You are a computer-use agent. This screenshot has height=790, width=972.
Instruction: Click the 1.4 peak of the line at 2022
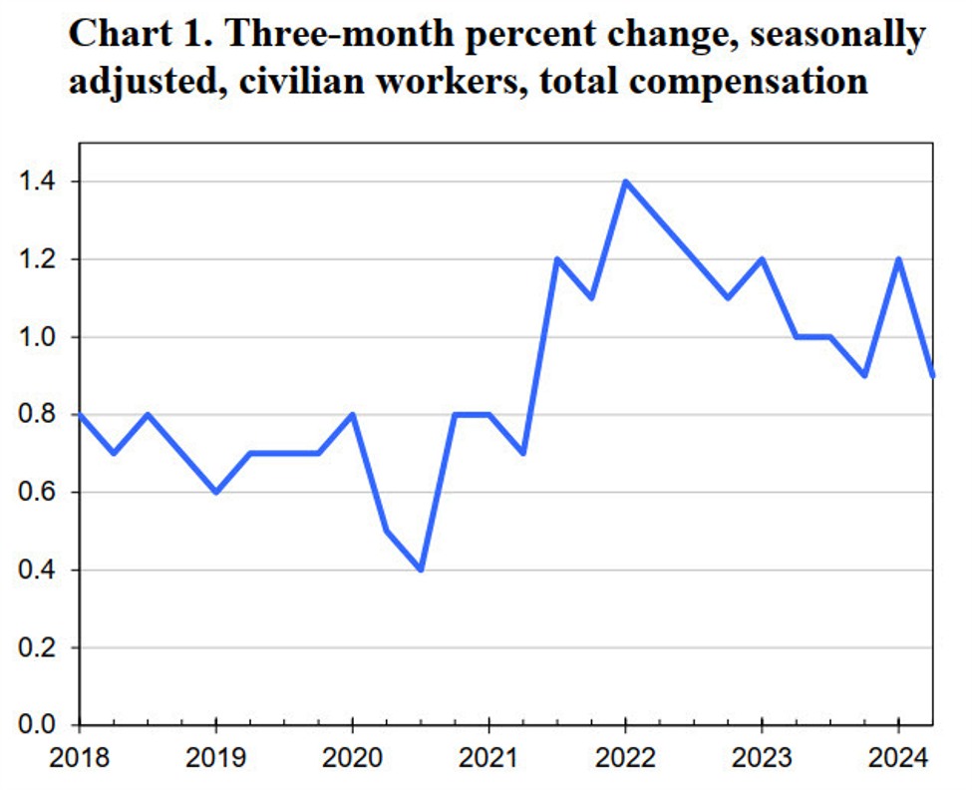coord(625,182)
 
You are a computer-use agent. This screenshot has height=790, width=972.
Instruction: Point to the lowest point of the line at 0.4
coord(421,570)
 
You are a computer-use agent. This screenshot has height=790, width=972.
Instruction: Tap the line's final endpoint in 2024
coord(932,376)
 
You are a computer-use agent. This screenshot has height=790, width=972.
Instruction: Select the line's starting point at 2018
coord(81,415)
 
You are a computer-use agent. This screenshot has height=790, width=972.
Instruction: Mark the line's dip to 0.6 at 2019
coord(216,492)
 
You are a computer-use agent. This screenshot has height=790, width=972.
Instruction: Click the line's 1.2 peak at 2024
coord(898,259)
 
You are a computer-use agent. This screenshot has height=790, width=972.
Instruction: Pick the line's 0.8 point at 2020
coord(352,415)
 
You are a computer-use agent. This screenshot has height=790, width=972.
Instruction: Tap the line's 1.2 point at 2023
coord(762,259)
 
